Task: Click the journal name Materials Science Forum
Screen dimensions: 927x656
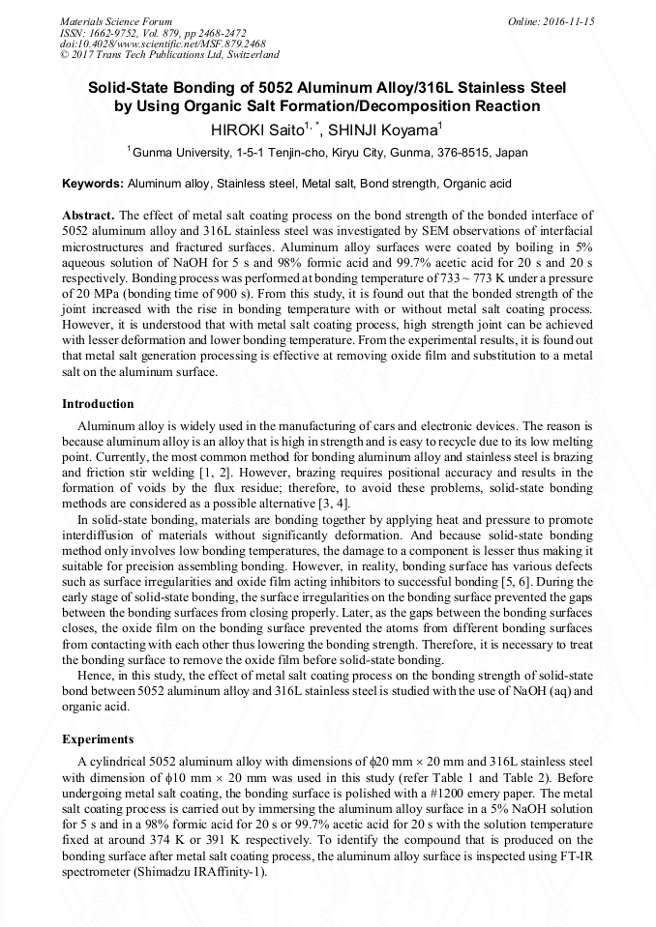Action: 116,21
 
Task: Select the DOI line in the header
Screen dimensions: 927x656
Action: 163,43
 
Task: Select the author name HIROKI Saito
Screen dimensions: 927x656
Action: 257,129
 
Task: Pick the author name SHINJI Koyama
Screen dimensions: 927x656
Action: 381,129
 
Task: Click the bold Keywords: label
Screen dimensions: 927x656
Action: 93,183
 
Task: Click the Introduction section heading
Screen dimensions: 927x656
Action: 98,403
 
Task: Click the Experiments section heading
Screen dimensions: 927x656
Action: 98,739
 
